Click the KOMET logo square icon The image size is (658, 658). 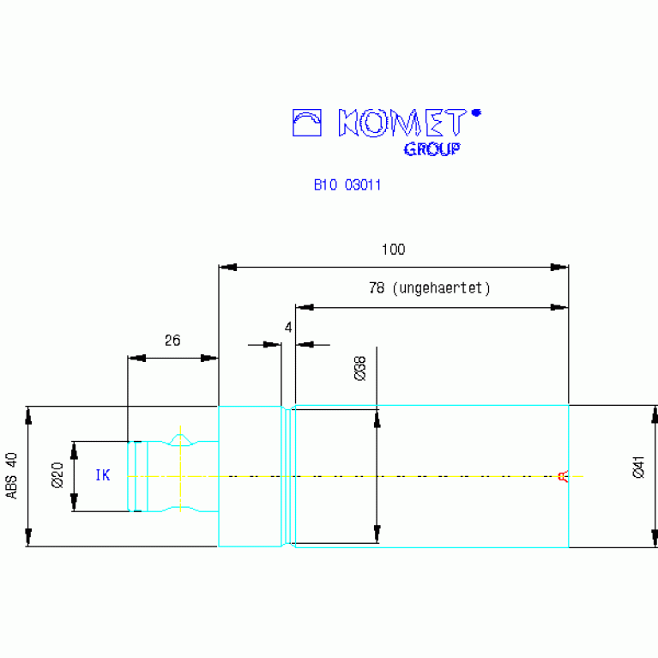pos(307,123)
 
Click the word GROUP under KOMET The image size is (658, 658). pos(432,149)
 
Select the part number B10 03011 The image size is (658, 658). pos(347,184)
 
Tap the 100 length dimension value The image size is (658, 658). pos(393,250)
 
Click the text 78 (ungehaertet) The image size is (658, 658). pos(429,288)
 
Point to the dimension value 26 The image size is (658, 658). pos(172,340)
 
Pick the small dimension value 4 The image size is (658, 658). pos(288,327)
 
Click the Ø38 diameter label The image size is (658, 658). pos(360,368)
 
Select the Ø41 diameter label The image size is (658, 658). pos(638,467)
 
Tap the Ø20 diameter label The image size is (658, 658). pos(57,475)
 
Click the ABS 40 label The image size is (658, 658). pos(11,475)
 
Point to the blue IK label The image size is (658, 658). pos(103,475)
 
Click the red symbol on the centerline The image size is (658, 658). pos(563,476)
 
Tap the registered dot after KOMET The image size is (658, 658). pos(476,112)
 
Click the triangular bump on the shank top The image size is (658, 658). pos(180,439)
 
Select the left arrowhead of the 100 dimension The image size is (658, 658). pos(228,268)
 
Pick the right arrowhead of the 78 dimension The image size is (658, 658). pos(559,308)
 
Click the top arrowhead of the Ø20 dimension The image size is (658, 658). pos(74,450)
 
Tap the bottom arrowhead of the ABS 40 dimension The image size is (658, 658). pos(28,537)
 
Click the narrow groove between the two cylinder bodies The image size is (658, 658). pos(288,476)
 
